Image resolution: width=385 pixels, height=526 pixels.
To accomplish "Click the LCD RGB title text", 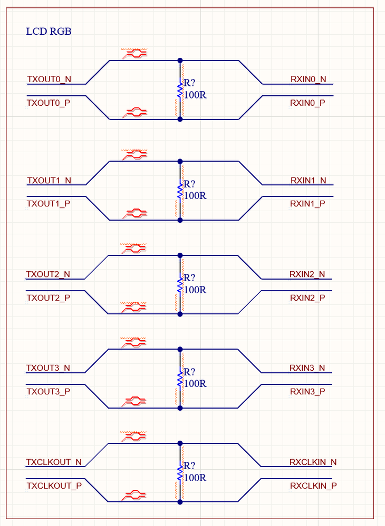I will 49,32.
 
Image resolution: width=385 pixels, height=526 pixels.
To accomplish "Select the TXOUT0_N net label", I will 49,80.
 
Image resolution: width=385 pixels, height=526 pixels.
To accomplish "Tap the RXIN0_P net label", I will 307,103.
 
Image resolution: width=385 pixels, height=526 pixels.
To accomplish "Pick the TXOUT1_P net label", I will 49,204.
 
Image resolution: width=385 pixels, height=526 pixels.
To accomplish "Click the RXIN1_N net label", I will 308,181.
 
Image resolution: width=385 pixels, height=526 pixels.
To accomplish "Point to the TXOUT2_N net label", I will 48,275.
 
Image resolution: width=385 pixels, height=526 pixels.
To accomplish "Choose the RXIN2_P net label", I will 307,298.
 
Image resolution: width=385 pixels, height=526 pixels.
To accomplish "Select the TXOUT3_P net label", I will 49,391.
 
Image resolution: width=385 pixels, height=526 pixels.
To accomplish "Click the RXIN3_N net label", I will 307,368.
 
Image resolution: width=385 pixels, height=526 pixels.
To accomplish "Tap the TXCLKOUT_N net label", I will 54,462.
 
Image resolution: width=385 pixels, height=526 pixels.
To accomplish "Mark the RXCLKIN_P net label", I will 313,485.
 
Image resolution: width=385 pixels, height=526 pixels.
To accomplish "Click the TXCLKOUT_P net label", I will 54,485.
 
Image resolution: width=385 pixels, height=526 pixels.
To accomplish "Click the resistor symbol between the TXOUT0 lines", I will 180,90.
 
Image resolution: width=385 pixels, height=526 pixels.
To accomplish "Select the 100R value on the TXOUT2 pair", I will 195,290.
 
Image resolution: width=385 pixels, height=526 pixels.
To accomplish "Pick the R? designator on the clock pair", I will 189,467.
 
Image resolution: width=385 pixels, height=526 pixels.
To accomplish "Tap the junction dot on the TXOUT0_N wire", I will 180,61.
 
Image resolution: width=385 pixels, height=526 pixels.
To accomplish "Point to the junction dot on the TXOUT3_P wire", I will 180,408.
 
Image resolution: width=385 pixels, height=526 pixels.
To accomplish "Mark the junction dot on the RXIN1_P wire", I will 180,220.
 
